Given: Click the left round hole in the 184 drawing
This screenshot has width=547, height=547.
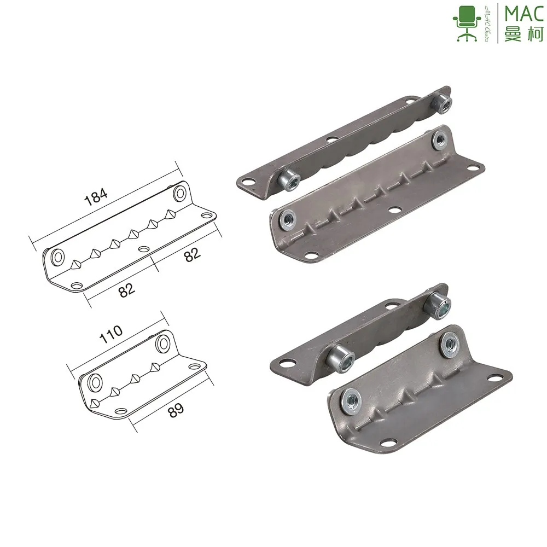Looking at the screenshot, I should (x=56, y=255).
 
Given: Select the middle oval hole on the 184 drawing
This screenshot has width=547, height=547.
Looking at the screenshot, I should (x=144, y=249).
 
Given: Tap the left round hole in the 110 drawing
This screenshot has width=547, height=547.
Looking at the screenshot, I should (x=95, y=381).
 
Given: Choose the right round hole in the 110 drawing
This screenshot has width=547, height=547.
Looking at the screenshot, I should (x=163, y=344).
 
